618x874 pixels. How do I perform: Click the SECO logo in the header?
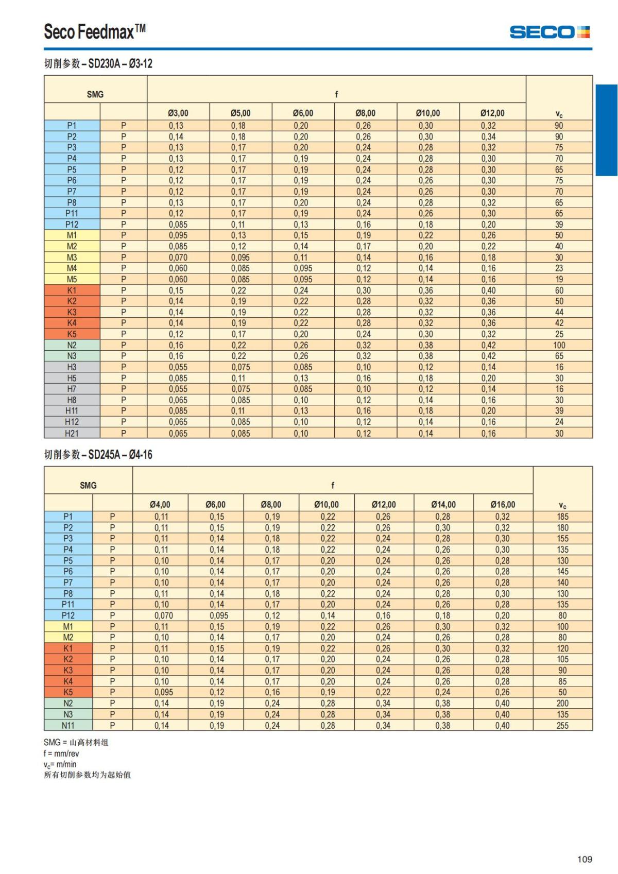pyautogui.click(x=550, y=32)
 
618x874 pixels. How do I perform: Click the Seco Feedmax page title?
pyautogui.click(x=95, y=32)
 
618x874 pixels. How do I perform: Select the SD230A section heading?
pyautogui.click(x=98, y=64)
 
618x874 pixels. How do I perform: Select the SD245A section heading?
pyautogui.click(x=98, y=455)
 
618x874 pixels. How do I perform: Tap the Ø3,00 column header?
pyautogui.click(x=178, y=113)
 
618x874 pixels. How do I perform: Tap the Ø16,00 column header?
pyautogui.click(x=503, y=505)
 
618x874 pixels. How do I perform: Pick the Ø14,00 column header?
pyautogui.click(x=443, y=505)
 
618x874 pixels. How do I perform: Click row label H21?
pyautogui.click(x=72, y=434)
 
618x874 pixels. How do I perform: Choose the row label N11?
pyautogui.click(x=68, y=726)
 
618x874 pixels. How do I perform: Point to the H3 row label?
pyautogui.click(x=72, y=367)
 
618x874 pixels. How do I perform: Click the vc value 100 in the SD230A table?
pyautogui.click(x=559, y=346)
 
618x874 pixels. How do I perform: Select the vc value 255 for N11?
pyautogui.click(x=562, y=726)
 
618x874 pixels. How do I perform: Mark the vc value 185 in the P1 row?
pyautogui.click(x=562, y=517)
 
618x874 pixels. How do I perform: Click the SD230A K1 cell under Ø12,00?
pyautogui.click(x=488, y=290)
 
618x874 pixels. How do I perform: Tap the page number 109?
pyautogui.click(x=585, y=859)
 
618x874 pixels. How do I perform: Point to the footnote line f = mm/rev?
pyautogui.click(x=61, y=753)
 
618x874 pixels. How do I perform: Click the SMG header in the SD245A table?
pyautogui.click(x=88, y=486)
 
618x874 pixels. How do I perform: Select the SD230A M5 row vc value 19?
pyautogui.click(x=559, y=280)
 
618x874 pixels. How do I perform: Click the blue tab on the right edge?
pyautogui.click(x=606, y=130)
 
